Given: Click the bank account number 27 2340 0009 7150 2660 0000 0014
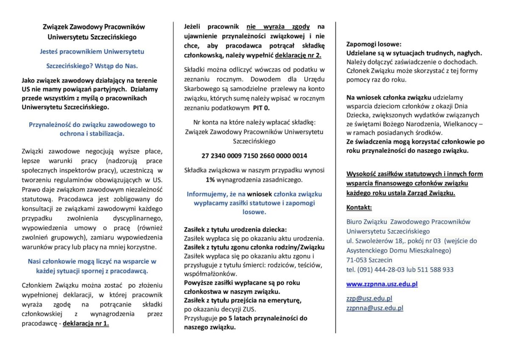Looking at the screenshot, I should [254, 156].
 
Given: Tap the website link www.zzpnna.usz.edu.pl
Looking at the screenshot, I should [382, 284].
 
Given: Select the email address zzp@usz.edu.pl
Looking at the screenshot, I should [369, 299].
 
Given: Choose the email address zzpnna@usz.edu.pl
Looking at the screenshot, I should [375, 308].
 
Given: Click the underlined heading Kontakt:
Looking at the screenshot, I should [359, 208].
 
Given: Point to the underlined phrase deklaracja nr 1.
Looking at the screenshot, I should [86, 323].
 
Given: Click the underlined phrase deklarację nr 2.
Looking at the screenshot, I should [298, 56].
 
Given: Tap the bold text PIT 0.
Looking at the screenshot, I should [261, 108].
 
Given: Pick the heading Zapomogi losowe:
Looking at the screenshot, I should [374, 44].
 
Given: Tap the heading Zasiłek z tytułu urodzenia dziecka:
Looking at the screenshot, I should [235, 229].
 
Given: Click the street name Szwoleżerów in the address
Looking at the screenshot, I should [375, 241].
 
